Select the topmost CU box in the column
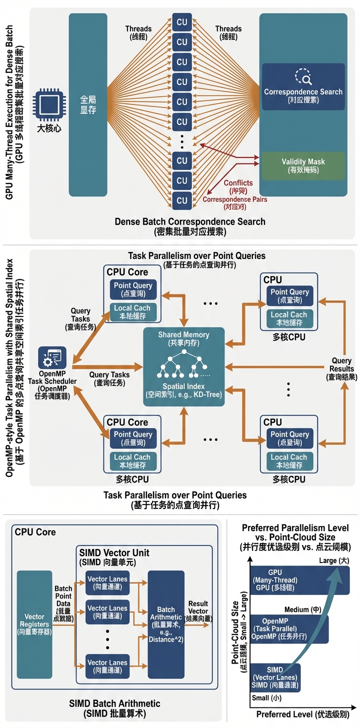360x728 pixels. coord(182,22)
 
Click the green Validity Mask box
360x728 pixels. coord(303,165)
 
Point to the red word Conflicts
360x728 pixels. coord(238,183)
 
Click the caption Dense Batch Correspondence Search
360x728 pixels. coord(190,221)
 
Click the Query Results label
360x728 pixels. coord(342,369)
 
